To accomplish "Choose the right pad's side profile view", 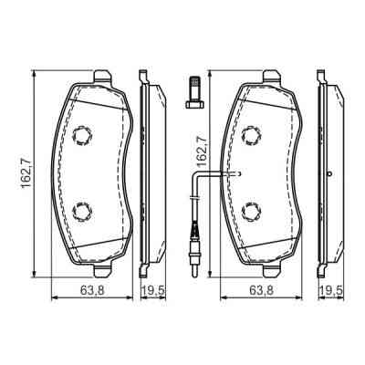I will tap(326, 173).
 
